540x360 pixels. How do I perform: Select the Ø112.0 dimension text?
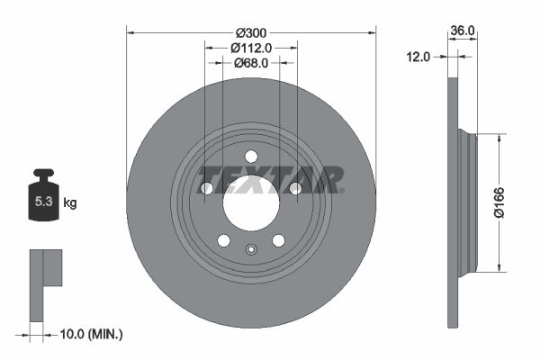pos(251,47)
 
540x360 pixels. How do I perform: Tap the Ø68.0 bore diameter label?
pos(251,63)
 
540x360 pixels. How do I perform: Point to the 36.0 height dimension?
pos(462,31)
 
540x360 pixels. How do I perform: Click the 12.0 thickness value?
pos(419,56)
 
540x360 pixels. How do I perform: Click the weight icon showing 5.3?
pos(42,201)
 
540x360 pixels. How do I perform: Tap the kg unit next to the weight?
pos(70,202)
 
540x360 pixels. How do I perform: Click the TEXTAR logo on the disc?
pos(270,178)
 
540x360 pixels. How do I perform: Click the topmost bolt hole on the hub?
pos(251,156)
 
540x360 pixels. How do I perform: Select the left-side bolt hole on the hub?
pos(207,188)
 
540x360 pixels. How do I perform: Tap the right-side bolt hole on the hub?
pos(294,188)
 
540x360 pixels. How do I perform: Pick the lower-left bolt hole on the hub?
pos(224,239)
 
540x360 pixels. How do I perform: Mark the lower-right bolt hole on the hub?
pos(278,239)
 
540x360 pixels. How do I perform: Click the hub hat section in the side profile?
pos(465,202)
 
